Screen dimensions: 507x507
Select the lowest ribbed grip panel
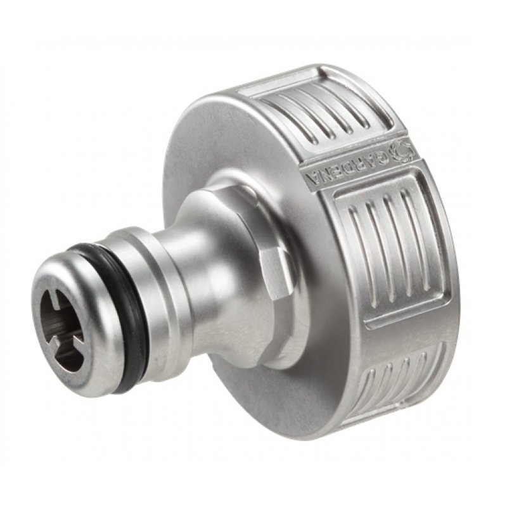[x=399, y=380]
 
